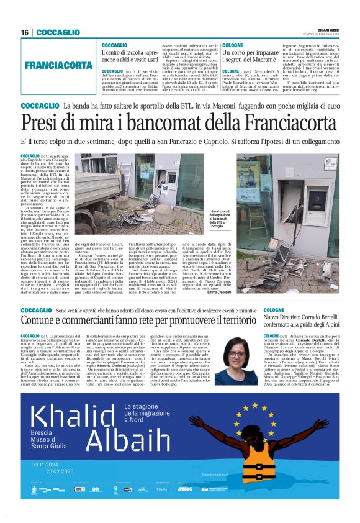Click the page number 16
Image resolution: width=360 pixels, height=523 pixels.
25,32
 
